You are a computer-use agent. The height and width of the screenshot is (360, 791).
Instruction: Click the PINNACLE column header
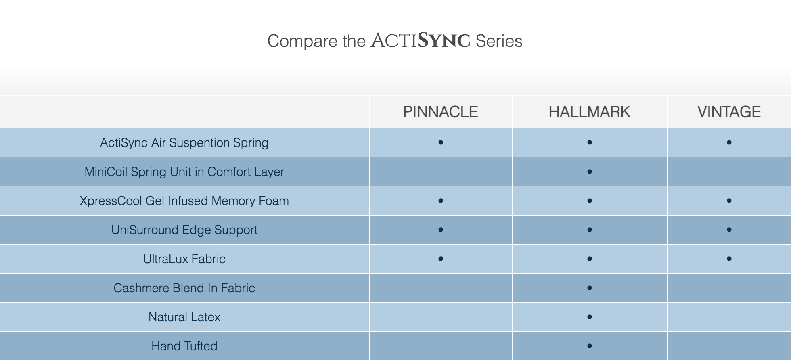[x=440, y=112]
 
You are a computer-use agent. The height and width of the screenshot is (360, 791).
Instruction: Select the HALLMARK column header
[x=589, y=112]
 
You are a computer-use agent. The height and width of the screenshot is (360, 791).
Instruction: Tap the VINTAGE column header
[x=729, y=112]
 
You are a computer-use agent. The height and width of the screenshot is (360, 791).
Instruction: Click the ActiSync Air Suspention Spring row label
[x=184, y=143]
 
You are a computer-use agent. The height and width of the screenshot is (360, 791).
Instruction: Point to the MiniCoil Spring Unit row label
[x=184, y=172]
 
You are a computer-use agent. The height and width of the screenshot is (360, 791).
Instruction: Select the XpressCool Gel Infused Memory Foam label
[x=184, y=201]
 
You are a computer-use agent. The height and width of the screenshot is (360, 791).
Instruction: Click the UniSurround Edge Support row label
[x=184, y=230]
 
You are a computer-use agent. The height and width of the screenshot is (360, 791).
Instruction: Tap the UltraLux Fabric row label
[x=184, y=259]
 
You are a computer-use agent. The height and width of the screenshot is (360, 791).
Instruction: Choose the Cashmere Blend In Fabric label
[x=184, y=288]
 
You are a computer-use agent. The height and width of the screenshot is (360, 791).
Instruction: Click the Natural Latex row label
[x=184, y=317]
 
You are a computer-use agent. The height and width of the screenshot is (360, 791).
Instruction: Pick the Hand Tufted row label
[x=184, y=346]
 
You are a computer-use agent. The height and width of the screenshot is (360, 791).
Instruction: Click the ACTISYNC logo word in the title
[x=421, y=40]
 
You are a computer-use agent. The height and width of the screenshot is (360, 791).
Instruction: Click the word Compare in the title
[x=303, y=41]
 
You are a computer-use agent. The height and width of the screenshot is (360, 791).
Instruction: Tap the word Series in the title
[x=499, y=41]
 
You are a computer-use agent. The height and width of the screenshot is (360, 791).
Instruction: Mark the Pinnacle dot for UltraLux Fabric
[x=441, y=259]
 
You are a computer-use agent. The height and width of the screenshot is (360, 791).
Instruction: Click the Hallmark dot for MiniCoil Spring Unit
[x=590, y=172]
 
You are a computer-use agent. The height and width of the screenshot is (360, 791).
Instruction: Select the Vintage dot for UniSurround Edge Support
[x=729, y=230]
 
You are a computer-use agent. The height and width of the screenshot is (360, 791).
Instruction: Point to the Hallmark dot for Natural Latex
[x=590, y=317]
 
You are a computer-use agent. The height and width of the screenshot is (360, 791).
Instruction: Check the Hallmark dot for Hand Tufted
[x=590, y=346]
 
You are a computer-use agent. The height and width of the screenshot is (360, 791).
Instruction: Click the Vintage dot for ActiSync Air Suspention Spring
[x=729, y=142]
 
